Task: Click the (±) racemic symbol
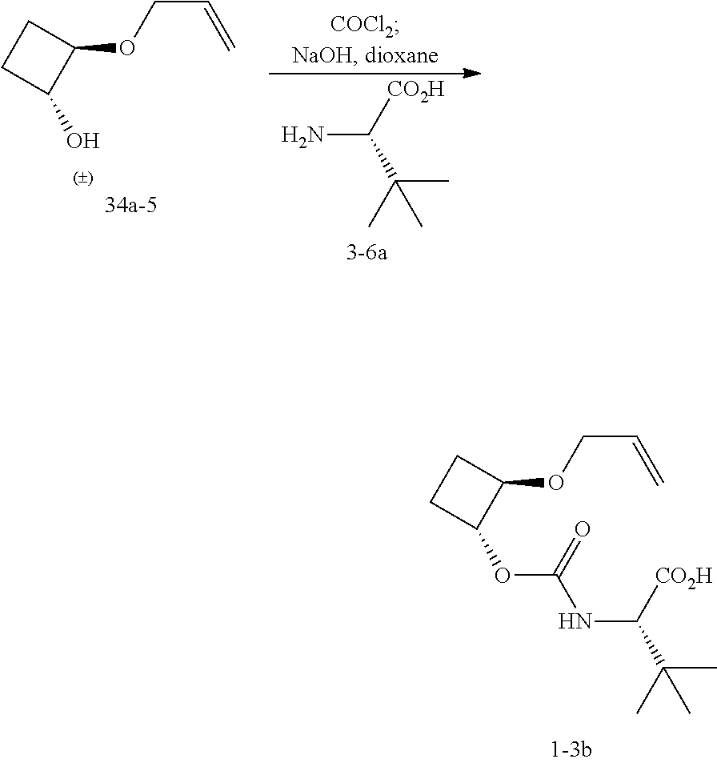click(x=82, y=179)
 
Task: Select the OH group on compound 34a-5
click(x=83, y=142)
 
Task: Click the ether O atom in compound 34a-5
click(x=127, y=48)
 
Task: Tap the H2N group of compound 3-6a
click(x=302, y=135)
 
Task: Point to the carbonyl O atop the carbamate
click(x=583, y=529)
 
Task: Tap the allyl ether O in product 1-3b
click(x=556, y=482)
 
